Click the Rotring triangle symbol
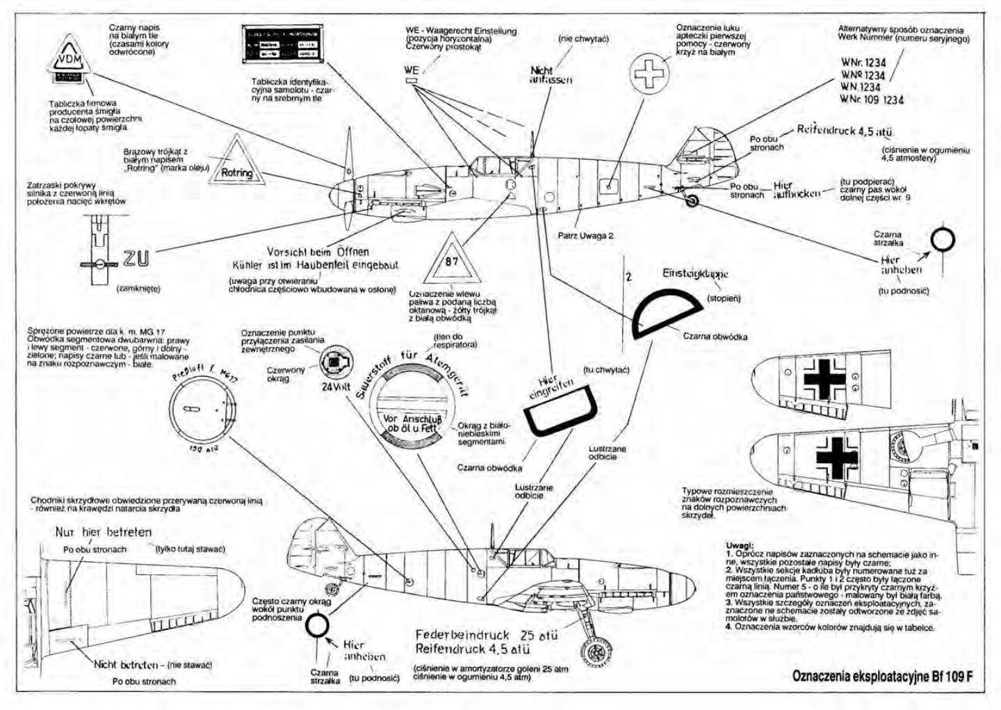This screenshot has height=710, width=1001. [236, 166]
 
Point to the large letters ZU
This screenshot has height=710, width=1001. [136, 259]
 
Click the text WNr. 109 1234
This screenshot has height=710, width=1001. [872, 99]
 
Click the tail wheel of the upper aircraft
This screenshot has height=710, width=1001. [692, 201]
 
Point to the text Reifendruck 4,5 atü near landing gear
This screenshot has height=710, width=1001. [473, 650]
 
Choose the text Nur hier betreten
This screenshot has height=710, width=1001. [103, 533]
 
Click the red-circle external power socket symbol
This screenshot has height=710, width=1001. [336, 362]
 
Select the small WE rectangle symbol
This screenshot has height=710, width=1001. [412, 81]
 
